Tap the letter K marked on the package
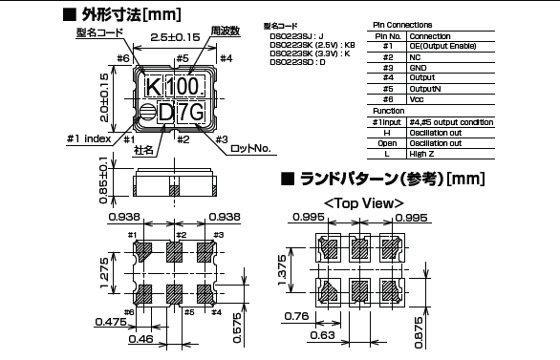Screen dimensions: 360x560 pyautogui.click(x=152, y=88)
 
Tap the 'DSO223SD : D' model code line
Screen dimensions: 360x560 pyautogui.click(x=297, y=63)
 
